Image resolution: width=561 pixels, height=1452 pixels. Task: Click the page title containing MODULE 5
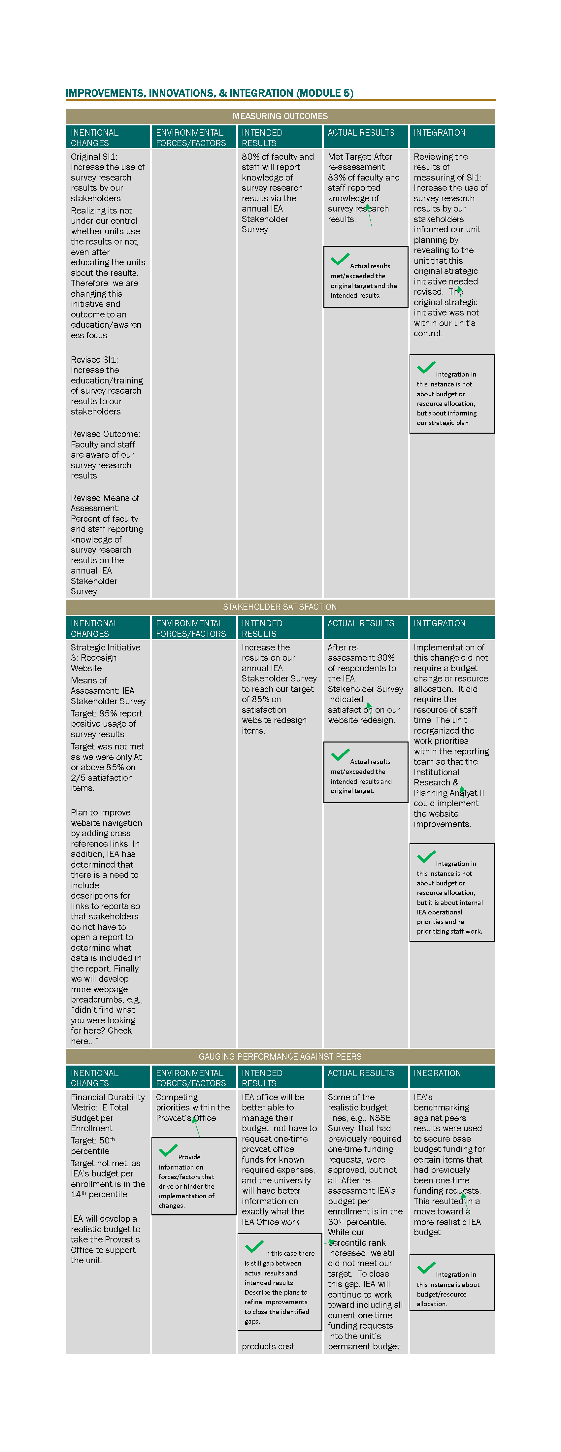click(x=209, y=93)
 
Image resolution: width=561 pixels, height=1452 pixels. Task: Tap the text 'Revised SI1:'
click(x=94, y=360)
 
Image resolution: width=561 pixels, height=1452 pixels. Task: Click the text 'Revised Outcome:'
click(x=105, y=434)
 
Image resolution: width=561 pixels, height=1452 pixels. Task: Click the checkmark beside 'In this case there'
click(x=254, y=1246)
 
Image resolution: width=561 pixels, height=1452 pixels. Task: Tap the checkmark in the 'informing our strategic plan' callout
click(x=426, y=368)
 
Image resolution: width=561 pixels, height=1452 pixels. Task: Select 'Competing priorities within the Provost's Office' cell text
click(x=193, y=1107)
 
